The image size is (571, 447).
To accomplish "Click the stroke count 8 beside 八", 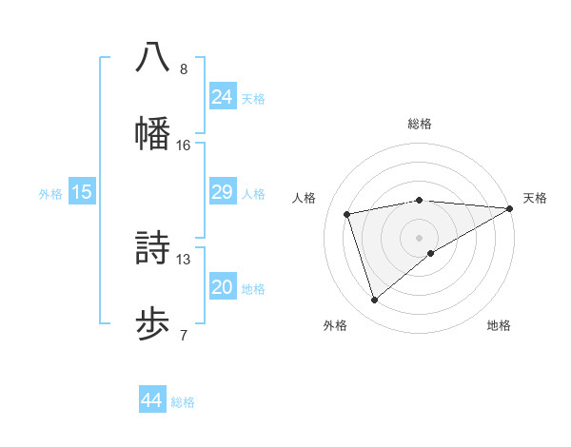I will point(184,69).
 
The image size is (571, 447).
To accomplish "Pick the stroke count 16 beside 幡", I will point(184,146).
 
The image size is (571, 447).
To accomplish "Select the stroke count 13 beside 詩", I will point(184,260).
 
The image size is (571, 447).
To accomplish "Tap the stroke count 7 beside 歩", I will point(184,336).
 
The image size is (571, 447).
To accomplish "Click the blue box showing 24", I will point(223,97).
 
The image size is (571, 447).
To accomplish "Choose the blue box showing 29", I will point(223,192).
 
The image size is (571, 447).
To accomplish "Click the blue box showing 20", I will point(223,287).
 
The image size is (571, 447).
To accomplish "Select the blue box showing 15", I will point(82,192).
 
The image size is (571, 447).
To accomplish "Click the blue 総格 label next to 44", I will point(183,402).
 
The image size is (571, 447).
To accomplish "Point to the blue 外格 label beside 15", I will point(50,194).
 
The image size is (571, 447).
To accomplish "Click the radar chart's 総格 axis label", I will point(420,124).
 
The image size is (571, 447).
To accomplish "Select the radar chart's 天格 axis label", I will point(535,198).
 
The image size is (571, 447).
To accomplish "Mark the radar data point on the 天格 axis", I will point(509,208).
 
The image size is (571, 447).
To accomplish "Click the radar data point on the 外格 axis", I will point(374,301).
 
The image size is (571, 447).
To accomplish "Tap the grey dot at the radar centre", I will point(420,237).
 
